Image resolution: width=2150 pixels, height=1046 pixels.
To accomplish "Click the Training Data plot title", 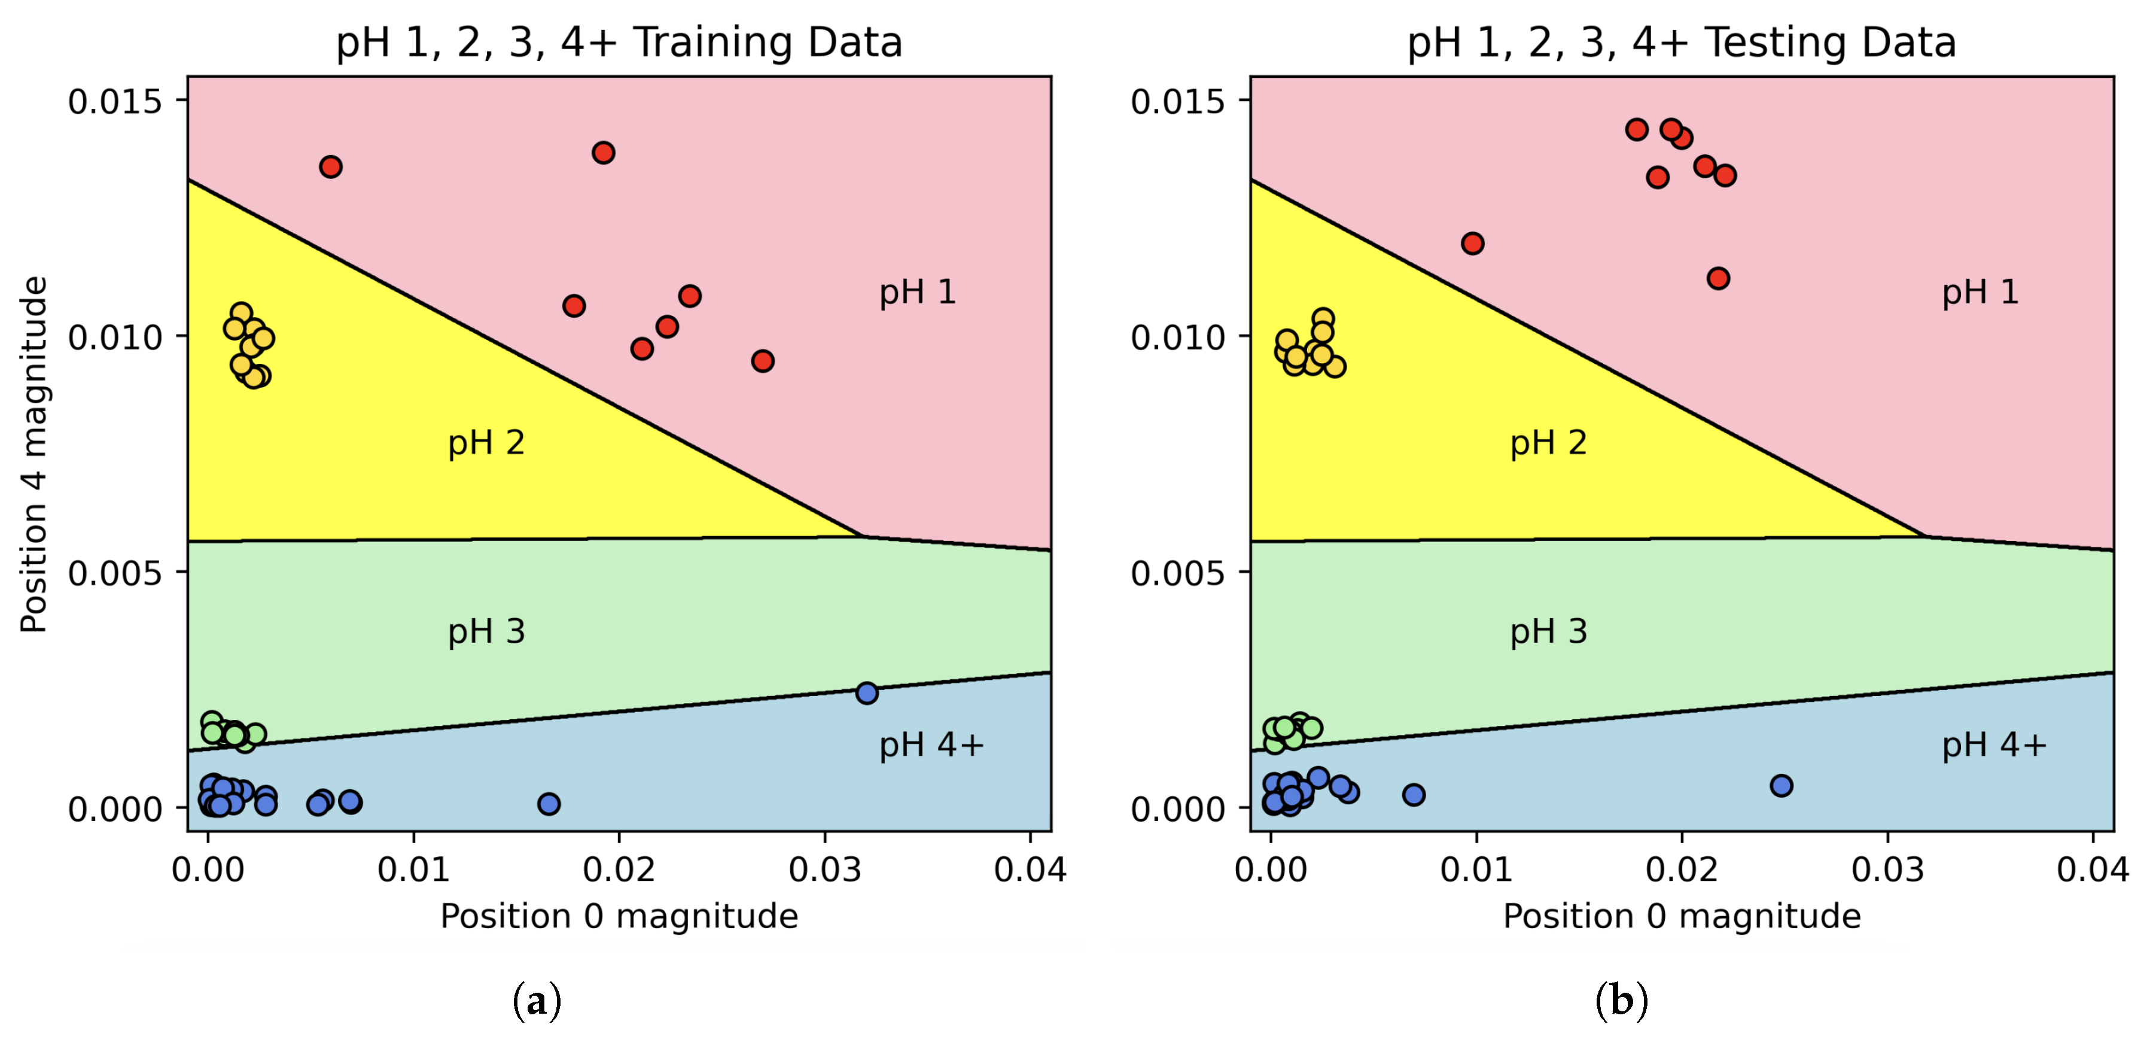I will click(x=619, y=42).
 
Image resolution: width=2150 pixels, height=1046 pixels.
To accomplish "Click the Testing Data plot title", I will click(x=1681, y=42).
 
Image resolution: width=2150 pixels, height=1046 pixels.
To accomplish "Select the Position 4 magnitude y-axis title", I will click(x=34, y=454).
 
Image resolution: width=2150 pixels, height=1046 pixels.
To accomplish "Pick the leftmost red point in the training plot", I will click(x=330, y=166).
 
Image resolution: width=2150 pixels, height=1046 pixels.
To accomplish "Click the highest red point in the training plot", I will click(x=604, y=152).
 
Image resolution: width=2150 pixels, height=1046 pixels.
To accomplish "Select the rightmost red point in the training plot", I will click(x=762, y=361).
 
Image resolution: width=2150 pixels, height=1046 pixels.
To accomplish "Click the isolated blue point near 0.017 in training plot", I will click(x=549, y=803).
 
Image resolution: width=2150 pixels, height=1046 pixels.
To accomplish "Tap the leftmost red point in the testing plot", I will click(x=1472, y=243).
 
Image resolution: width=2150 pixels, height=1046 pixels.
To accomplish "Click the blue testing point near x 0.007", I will click(x=1413, y=794).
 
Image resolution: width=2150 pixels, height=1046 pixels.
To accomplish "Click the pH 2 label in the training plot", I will click(x=486, y=442).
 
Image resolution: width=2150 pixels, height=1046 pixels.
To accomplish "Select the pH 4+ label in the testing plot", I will click(x=1993, y=744).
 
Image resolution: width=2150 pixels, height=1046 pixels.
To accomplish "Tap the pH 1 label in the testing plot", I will click(x=1980, y=292).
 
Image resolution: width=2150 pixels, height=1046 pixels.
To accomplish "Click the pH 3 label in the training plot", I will click(x=486, y=631).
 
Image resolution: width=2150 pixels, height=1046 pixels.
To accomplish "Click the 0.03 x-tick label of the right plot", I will click(x=1887, y=869).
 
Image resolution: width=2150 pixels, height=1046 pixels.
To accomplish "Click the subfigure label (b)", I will click(x=1621, y=999).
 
